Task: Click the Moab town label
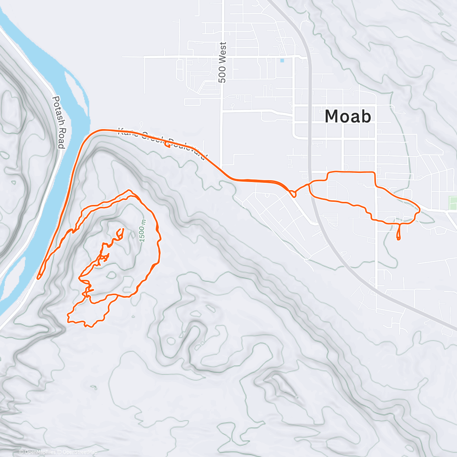[348, 116]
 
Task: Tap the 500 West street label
[223, 62]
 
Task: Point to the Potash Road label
[58, 122]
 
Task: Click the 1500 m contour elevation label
[142, 230]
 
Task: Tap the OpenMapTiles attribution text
[40, 452]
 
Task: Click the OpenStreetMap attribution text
[80, 452]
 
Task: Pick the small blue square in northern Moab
[282, 61]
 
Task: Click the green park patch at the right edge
[453, 203]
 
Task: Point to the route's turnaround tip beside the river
[38, 277]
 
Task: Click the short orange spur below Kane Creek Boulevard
[167, 145]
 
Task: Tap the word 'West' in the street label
[223, 52]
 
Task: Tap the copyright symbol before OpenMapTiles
[21, 452]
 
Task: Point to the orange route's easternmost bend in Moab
[419, 209]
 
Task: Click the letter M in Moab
[332, 116]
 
